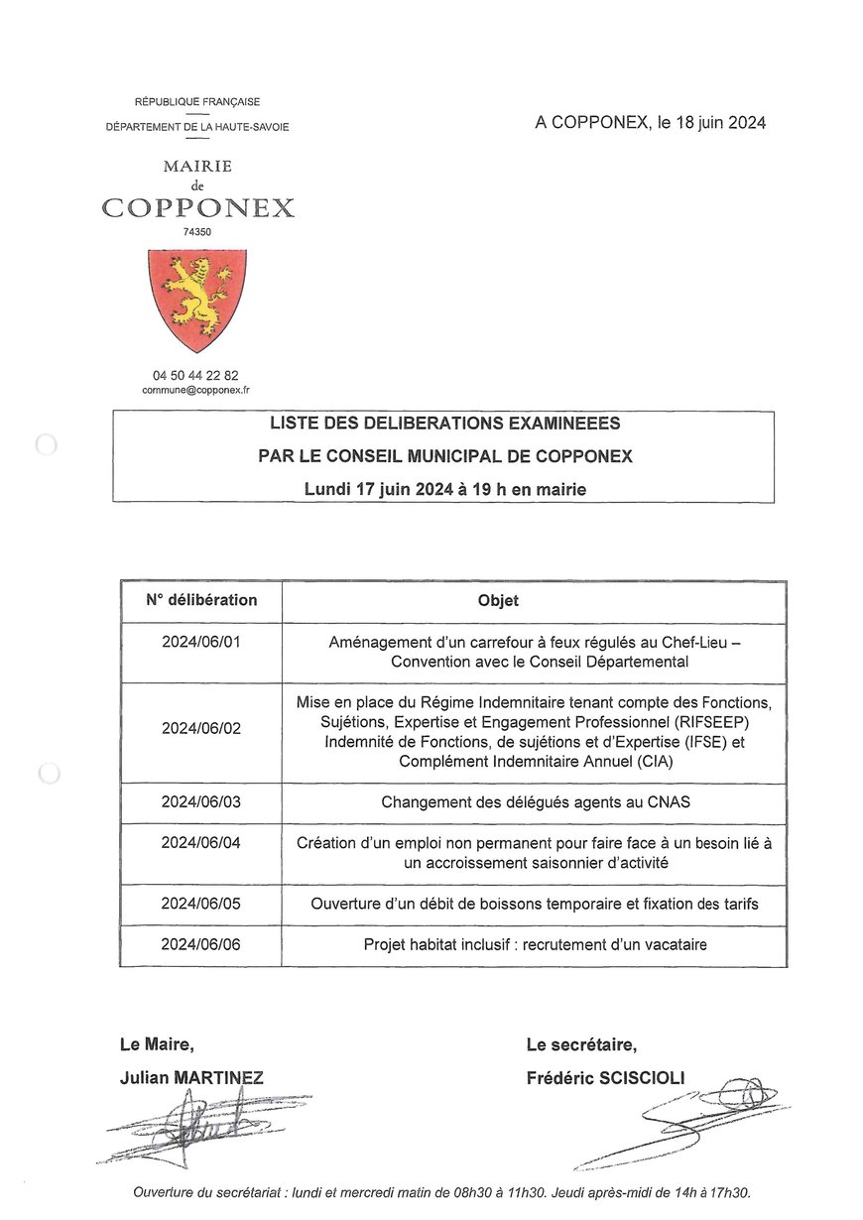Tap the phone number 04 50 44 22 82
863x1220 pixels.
coord(196,375)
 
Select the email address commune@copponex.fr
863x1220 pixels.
coord(196,391)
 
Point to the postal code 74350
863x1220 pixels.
coord(196,231)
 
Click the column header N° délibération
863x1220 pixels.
coord(201,600)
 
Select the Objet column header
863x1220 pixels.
coord(498,601)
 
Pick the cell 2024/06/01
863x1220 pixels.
coord(201,643)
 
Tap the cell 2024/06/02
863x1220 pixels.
coord(201,728)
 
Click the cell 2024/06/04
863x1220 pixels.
coord(201,843)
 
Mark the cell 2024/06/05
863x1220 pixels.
coord(201,904)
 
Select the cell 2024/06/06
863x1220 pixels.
coord(201,944)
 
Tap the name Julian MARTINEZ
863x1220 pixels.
coord(191,1078)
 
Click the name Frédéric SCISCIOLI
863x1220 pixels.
coord(605,1078)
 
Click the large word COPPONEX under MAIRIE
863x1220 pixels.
coord(197,208)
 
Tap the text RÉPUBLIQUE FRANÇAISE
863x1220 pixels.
coord(197,102)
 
